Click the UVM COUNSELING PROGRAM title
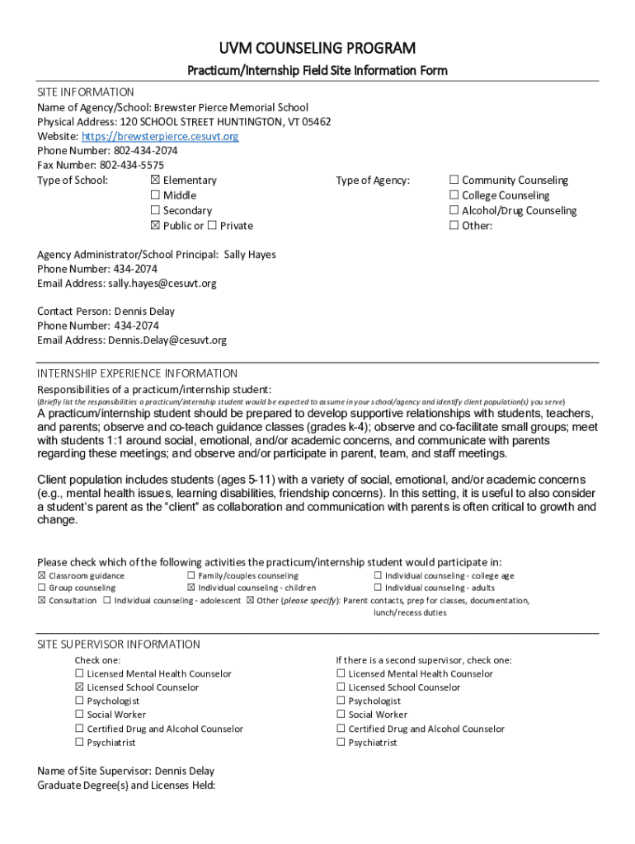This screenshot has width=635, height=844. tap(317, 48)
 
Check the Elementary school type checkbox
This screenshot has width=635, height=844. tap(155, 181)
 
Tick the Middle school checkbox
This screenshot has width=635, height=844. tap(155, 195)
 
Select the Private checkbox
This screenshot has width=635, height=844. tap(212, 226)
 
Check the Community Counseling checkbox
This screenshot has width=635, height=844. tap(454, 181)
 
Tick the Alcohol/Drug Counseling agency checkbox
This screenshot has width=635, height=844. tap(454, 211)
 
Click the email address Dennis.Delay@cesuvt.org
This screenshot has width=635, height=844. tap(167, 340)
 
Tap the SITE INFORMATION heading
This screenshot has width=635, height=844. tap(86, 92)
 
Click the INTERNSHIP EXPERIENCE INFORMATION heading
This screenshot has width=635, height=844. tap(138, 373)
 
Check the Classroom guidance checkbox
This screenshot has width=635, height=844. tap(42, 576)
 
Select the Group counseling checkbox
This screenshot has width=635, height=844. tap(42, 588)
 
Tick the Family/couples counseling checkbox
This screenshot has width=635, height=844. tap(191, 576)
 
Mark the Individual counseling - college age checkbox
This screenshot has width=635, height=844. tap(378, 576)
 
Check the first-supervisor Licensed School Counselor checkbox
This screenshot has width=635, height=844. tap(80, 687)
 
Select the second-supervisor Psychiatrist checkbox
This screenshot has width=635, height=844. tap(341, 743)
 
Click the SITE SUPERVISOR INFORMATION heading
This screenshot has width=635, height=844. tap(119, 645)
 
